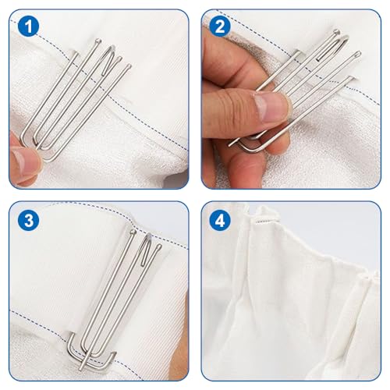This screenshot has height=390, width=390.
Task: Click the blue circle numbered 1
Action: pos(29,27)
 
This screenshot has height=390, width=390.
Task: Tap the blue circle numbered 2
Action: pos(220,27)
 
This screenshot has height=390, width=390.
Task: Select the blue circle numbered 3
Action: pos(29,221)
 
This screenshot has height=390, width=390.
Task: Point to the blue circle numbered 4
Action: pos(220,221)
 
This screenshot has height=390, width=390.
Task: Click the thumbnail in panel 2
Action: pos(268,107)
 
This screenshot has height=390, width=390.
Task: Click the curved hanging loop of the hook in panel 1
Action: pos(109,59)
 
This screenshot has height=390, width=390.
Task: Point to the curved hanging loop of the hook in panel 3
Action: pos(146,248)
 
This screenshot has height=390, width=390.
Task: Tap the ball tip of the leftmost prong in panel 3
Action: pos(133,232)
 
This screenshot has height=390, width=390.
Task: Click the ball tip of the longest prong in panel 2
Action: pos(359,54)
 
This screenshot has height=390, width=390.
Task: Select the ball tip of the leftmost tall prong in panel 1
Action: pos(98,41)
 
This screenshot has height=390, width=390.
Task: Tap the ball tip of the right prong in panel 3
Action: pos(158,246)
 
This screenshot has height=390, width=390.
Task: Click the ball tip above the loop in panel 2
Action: pos(336,32)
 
